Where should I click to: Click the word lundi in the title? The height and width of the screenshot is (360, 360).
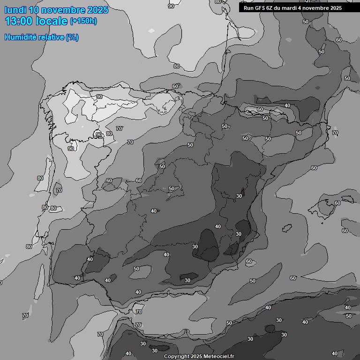15,10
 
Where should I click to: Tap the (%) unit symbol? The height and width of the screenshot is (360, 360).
72,37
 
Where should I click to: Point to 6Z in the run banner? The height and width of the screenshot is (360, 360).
273,8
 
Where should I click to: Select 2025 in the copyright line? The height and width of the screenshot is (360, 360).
196,357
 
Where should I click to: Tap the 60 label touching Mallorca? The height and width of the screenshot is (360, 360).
337,203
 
